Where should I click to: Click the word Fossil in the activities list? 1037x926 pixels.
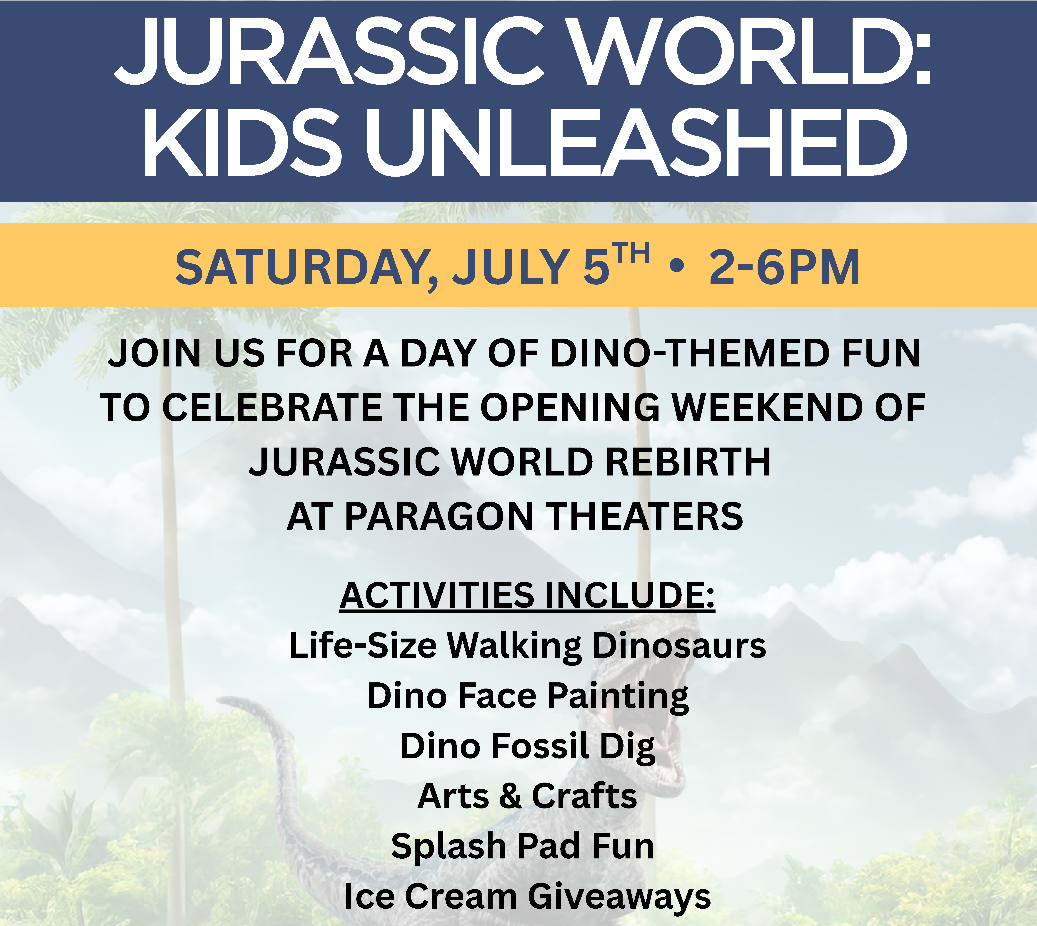[x=540, y=746]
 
